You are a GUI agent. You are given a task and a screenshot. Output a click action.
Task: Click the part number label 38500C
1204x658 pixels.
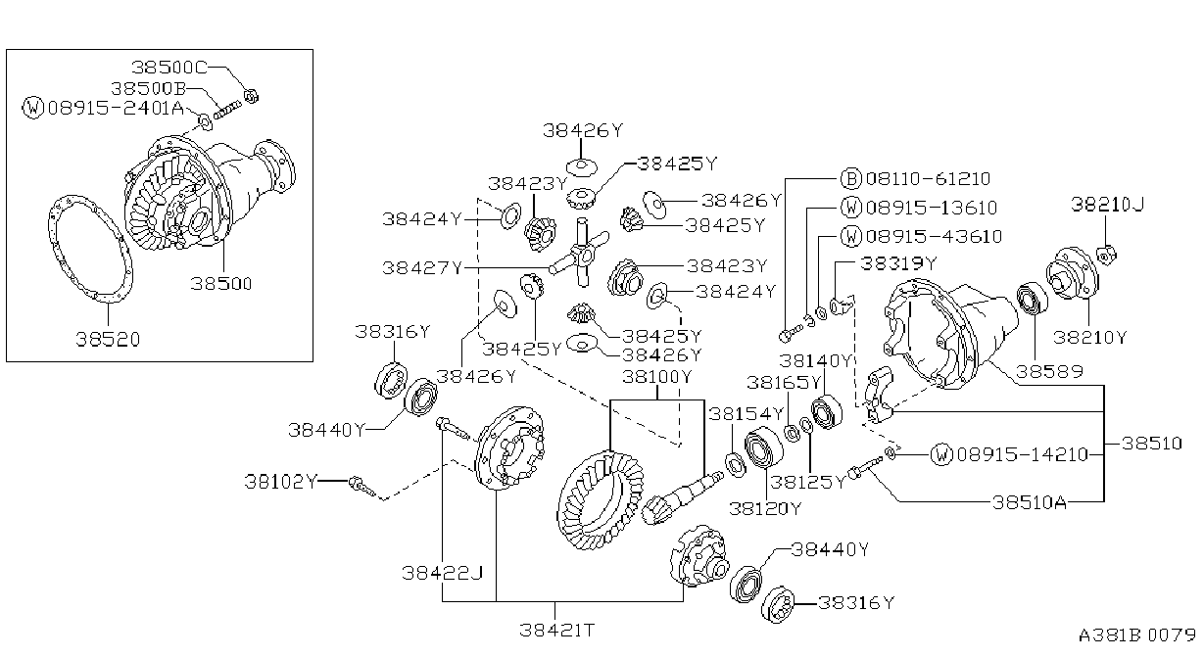tap(169, 68)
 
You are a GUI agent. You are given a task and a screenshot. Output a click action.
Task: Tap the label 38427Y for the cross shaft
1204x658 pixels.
tap(422, 267)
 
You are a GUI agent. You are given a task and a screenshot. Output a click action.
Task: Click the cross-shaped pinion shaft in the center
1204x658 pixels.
tap(582, 252)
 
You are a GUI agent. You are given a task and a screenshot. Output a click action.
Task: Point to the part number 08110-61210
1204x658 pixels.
tap(929, 178)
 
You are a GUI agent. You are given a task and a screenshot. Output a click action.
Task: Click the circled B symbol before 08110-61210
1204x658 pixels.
tap(851, 178)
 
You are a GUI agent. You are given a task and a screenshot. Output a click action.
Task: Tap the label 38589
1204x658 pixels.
tap(1049, 371)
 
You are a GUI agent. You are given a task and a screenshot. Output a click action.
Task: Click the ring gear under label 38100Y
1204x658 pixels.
tap(601, 500)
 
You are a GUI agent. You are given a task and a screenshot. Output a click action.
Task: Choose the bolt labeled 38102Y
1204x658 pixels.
tap(362, 486)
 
